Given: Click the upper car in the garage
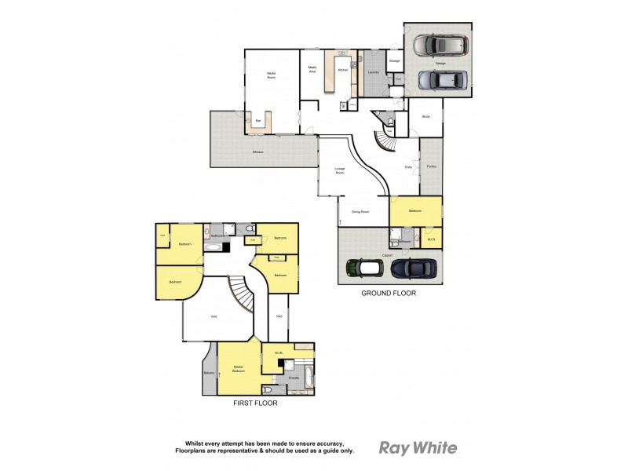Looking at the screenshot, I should click(440, 45).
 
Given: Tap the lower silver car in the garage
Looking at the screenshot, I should click(441, 80).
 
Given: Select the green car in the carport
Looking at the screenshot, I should click(363, 268).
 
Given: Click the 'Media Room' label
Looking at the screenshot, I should click(272, 75).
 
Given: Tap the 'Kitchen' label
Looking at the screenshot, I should click(342, 71).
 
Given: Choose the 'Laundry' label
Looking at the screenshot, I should click(374, 73).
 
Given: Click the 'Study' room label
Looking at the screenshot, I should click(425, 116).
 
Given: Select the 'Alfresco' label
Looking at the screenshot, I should click(257, 152).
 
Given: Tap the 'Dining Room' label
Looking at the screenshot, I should click(360, 210).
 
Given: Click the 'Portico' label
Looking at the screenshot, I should click(431, 166).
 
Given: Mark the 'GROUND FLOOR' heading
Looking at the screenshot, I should click(388, 293).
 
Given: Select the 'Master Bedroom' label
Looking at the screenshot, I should click(239, 368).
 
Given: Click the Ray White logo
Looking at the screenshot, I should click(418, 448).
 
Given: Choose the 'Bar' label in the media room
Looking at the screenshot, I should click(258, 120).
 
